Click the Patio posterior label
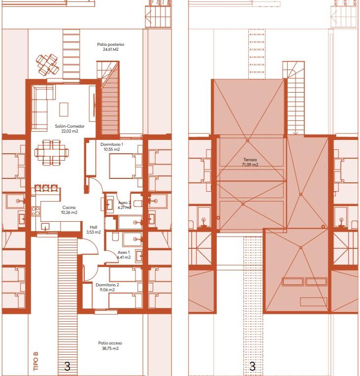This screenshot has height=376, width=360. click(110, 44)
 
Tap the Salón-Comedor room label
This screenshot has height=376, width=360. click(70, 127)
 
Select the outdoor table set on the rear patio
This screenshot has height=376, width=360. click(47, 63)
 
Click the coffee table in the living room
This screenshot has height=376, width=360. click(64, 109)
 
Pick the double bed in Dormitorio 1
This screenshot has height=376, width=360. click(122, 166)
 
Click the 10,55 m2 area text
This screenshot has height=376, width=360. click(111, 149)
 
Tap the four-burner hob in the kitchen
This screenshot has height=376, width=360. click(35, 211)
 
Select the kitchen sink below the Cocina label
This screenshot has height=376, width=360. click(45, 226)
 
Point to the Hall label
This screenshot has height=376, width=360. click(93, 227)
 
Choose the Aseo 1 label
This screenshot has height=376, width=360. click(123, 252)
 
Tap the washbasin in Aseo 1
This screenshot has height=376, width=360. click(139, 256)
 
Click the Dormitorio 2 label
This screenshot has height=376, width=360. click(107, 285)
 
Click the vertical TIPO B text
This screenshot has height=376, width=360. click(35, 361)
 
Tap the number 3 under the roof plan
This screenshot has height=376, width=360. click(252, 366)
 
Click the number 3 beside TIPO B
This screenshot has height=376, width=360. click(67, 366)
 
